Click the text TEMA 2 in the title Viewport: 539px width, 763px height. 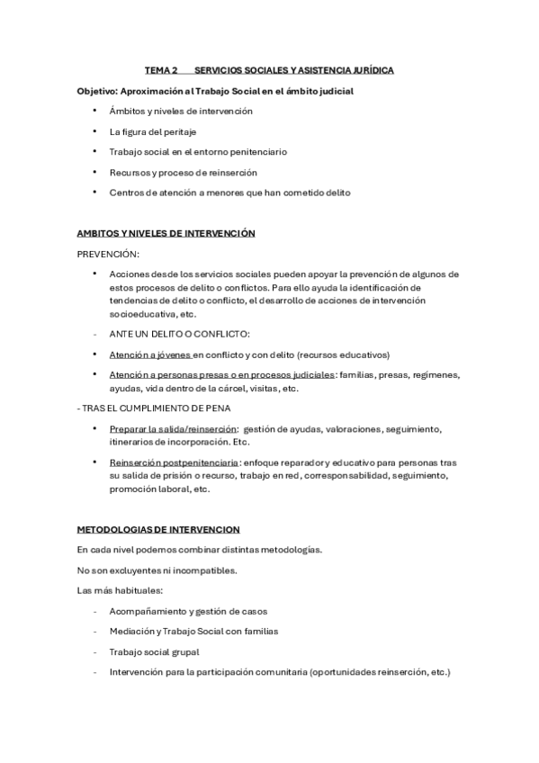[161, 70]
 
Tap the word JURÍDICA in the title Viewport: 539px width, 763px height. [366, 70]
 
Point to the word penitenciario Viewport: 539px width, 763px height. [254, 151]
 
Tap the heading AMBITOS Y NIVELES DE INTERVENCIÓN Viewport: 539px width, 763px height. [166, 233]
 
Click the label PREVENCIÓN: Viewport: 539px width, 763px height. [108, 253]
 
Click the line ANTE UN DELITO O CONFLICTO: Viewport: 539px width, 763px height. [174, 334]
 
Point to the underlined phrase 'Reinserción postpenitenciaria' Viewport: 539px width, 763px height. [168, 462]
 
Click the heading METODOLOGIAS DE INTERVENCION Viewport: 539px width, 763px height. [157, 529]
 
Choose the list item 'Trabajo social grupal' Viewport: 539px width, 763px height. [154, 651]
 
